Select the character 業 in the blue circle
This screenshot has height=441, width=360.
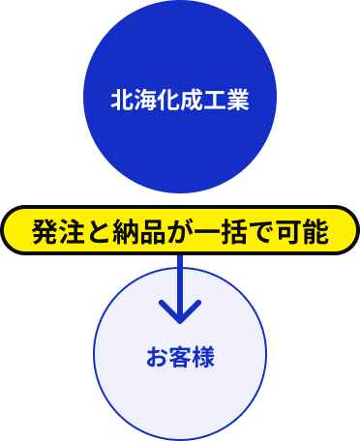coord(238,99)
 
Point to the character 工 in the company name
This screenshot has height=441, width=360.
coord(215,99)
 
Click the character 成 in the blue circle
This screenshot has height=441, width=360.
coord(192,99)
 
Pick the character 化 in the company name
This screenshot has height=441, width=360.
coord(168,99)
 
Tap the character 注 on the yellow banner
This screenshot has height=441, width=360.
coord(72,232)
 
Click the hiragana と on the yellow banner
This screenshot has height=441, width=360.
coord(99,232)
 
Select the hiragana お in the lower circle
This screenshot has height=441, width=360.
coord(157,357)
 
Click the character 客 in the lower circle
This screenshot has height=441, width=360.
coord(180,357)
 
